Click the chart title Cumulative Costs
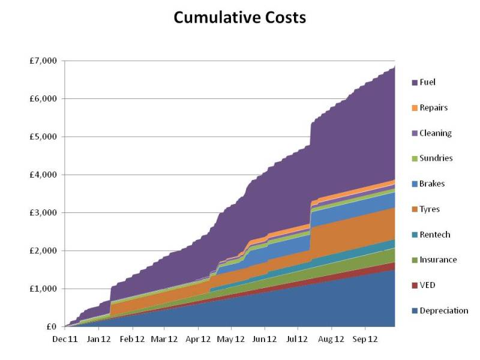(239, 18)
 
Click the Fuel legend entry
(428, 82)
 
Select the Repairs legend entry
(433, 108)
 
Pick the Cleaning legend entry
(436, 133)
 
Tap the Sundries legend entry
(436, 158)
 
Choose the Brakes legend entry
(433, 184)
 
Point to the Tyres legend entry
(430, 209)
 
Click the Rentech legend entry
(434, 235)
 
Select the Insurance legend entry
(438, 260)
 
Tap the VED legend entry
(427, 285)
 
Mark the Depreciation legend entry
(443, 311)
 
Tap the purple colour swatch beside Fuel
(415, 82)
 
